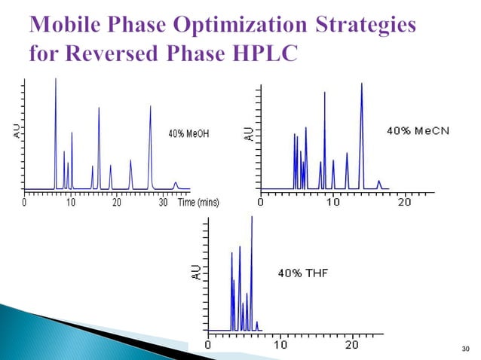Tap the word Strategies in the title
pos(364,25)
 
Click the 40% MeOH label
pos(188,133)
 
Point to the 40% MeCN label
pos(418,131)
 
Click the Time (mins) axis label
pos(198,203)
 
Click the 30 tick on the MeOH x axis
pos(163,203)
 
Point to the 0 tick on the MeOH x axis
pos(24,203)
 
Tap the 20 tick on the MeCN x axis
pos(404,203)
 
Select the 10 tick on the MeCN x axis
pos(332,203)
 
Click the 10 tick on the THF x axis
pos(280,345)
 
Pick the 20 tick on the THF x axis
pos(351,345)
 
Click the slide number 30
pos(464,348)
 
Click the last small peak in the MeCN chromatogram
pos(378,182)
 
